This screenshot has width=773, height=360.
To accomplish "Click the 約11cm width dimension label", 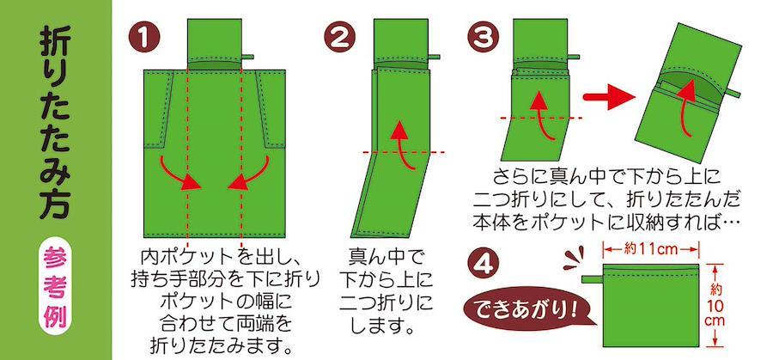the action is (651, 249).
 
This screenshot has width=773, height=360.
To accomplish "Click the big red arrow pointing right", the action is (609, 97).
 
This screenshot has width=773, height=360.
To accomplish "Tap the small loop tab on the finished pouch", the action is (593, 279).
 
